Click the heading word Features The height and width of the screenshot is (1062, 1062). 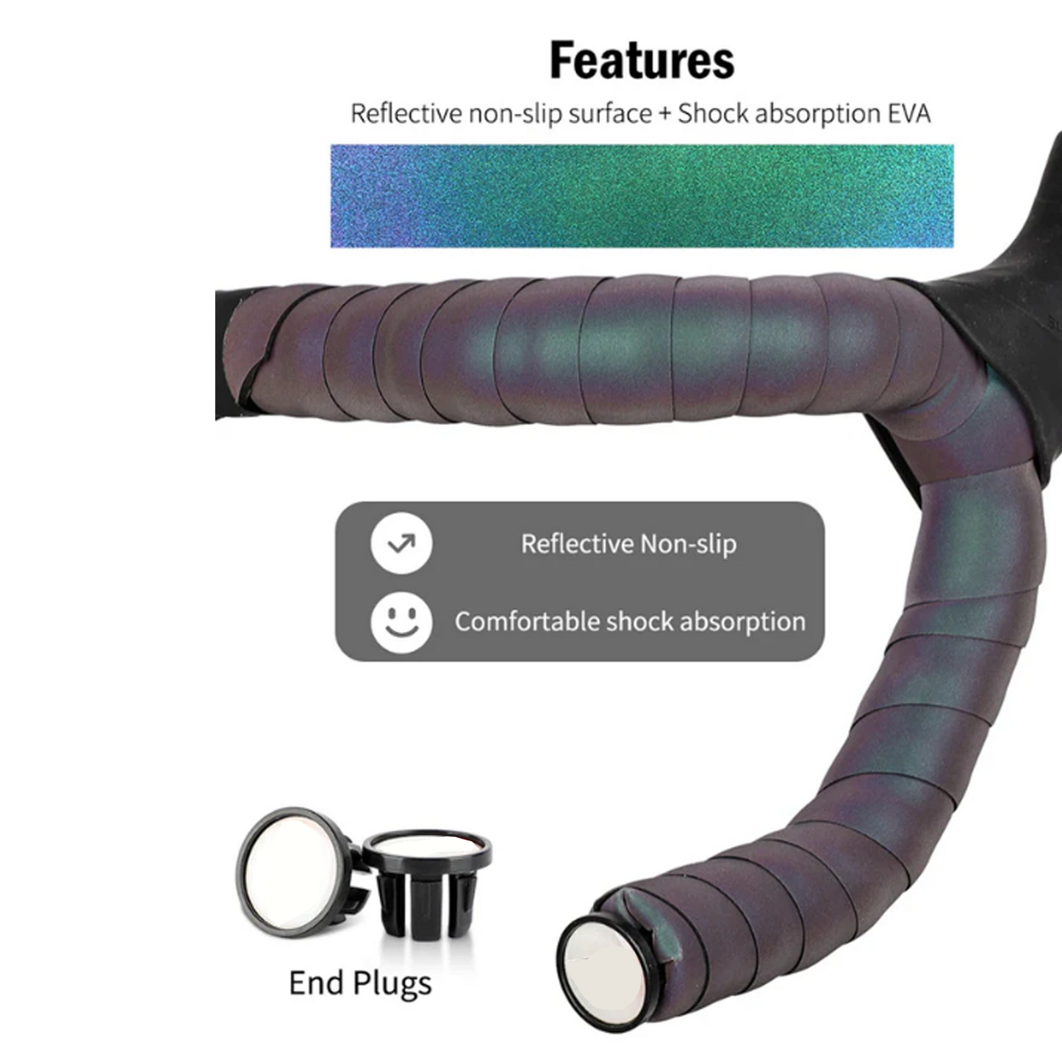(642, 60)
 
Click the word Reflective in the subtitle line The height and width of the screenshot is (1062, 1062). (406, 114)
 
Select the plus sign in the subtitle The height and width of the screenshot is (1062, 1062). (664, 115)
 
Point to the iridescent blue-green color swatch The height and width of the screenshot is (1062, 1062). (642, 195)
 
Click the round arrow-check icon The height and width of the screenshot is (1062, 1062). (401, 544)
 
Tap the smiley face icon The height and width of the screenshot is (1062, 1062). (401, 622)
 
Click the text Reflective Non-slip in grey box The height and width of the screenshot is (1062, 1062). (628, 545)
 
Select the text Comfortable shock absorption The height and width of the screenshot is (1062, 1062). (630, 622)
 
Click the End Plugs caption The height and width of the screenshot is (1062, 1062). (360, 983)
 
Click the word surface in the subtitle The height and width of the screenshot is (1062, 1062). (610, 115)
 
